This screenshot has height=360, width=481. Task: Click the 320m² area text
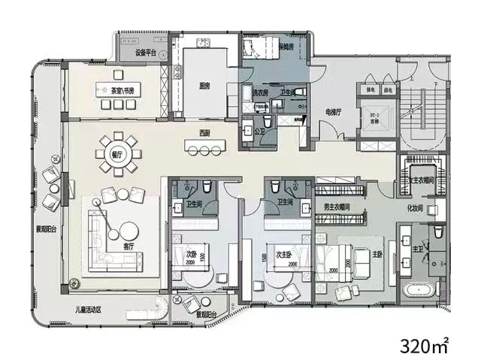click(x=425, y=346)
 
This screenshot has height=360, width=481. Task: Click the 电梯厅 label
click(x=334, y=111)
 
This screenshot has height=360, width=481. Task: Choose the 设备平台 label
click(x=145, y=54)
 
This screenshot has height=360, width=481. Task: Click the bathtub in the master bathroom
click(x=419, y=292)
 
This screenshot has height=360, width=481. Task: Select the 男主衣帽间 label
click(x=340, y=207)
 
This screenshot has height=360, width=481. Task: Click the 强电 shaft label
click(x=371, y=89)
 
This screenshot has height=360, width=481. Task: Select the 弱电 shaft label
click(x=389, y=89)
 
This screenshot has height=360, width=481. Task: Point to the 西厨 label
click(x=204, y=133)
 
